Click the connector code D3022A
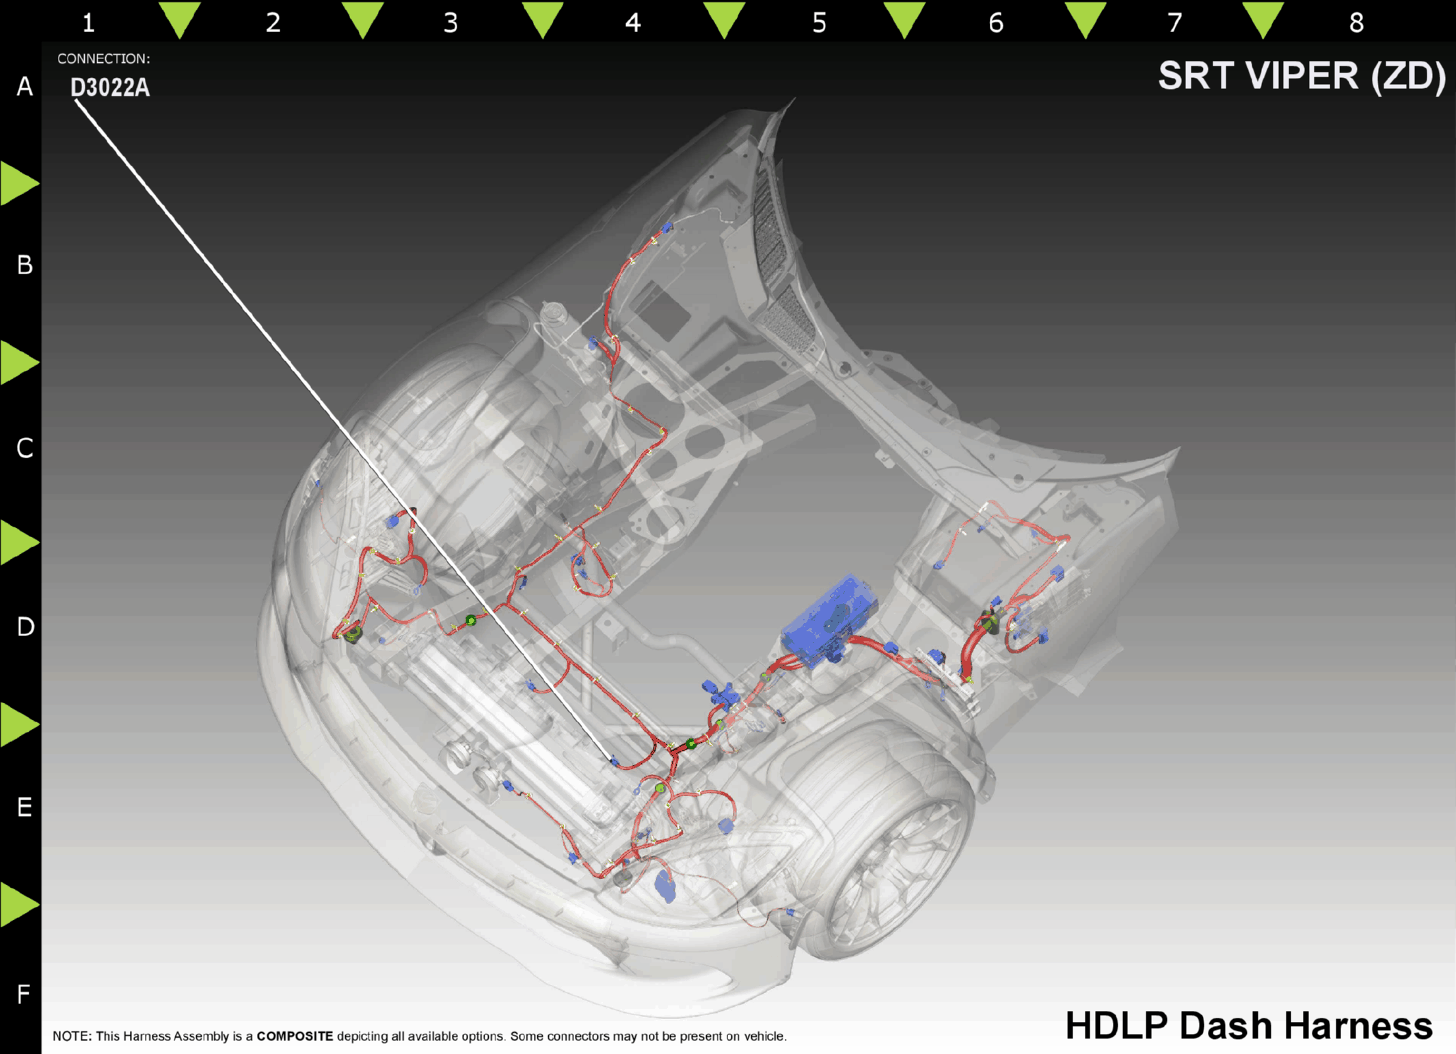pos(110,88)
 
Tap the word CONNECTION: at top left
pos(104,59)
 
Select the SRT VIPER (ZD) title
pos(1302,76)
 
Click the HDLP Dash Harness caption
pos(1249,1026)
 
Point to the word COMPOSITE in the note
pos(295,1036)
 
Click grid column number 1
pos(88,23)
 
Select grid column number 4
pos(633,23)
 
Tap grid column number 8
pos(1357,23)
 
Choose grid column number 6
pos(996,23)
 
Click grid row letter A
pos(25,87)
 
